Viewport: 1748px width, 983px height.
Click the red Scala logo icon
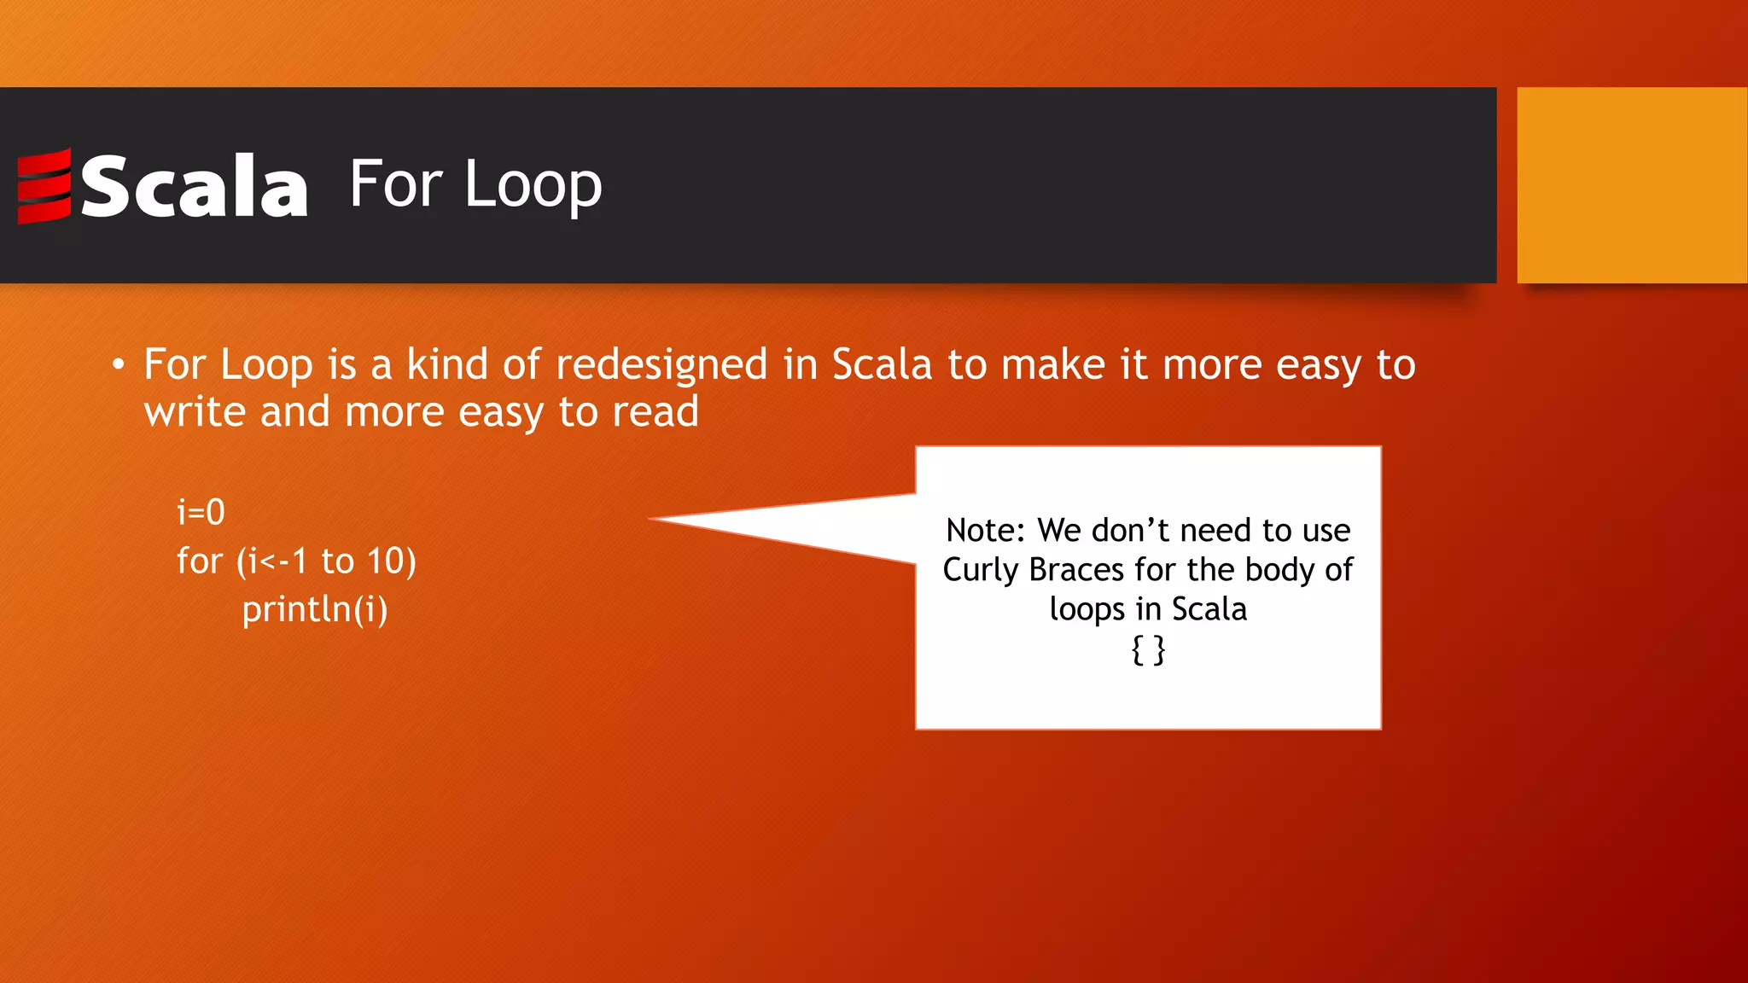[44, 185]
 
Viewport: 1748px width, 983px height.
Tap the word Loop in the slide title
[533, 185]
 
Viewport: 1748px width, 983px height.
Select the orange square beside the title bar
[1631, 185]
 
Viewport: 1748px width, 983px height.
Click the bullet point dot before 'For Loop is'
[119, 366]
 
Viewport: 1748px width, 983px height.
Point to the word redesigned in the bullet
[661, 365]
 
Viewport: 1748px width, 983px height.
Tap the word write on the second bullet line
[195, 412]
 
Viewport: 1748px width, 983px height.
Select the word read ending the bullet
[655, 412]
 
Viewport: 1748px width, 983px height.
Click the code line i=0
[201, 512]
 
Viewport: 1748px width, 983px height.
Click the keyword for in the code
[199, 561]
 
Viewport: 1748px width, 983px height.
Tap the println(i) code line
[314, 609]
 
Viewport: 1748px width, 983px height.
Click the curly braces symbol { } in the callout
[1147, 650]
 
